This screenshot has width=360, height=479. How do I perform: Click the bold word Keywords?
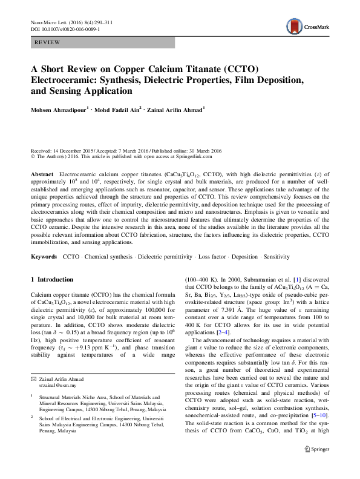click(x=44, y=257)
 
